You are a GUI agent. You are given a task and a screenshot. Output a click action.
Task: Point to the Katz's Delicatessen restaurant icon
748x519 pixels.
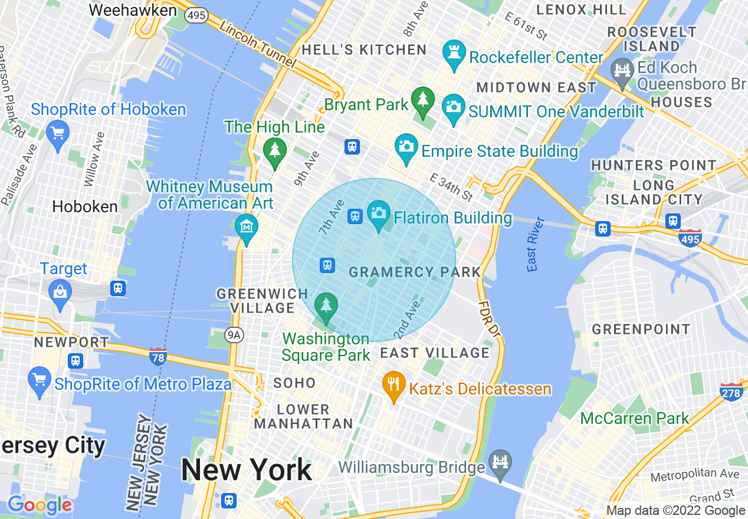[393, 385]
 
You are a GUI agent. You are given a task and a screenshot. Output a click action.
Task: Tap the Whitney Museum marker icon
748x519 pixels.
[246, 227]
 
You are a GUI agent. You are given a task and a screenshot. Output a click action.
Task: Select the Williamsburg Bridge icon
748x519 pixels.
[500, 462]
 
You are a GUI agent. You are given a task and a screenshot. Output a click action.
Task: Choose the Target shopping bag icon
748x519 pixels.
[60, 292]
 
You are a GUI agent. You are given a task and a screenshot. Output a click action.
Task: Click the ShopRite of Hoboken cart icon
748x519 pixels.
[58, 133]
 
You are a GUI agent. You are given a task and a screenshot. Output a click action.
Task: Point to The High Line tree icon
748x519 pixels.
[274, 151]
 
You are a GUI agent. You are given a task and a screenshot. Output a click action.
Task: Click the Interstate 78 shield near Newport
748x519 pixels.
[158, 356]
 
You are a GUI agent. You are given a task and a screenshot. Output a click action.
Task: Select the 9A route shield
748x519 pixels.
[234, 335]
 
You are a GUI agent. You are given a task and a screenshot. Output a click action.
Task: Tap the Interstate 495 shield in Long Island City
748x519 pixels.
[690, 238]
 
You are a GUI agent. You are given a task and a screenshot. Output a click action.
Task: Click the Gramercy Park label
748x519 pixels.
[415, 272]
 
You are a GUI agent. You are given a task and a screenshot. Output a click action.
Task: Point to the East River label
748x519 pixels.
[536, 244]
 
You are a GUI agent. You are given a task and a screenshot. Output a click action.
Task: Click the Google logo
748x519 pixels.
[40, 505]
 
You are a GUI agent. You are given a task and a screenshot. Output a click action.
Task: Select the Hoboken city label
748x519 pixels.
[85, 206]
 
